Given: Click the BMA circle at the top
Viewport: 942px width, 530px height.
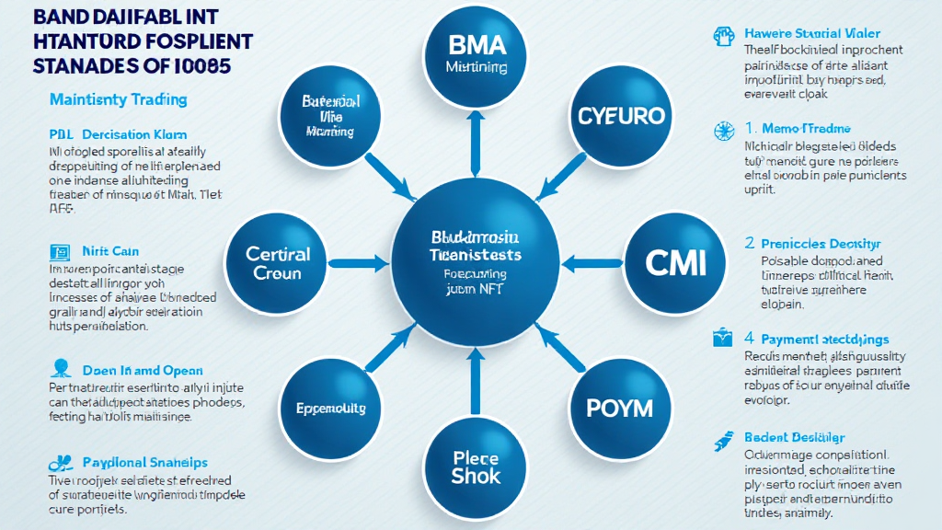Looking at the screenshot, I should (x=475, y=54).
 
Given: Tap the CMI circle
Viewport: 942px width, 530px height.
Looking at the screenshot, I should (x=675, y=263).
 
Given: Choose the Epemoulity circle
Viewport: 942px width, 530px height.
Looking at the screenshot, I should (x=330, y=408).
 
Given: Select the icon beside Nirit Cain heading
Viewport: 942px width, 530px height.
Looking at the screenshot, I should (x=60, y=250).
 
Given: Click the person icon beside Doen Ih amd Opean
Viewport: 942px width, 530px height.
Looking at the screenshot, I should (x=61, y=369).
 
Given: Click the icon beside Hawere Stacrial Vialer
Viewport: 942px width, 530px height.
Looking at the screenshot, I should (x=722, y=35).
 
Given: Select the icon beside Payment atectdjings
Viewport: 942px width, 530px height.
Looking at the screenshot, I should (x=722, y=338).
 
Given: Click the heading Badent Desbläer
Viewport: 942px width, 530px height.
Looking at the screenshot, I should (x=794, y=437).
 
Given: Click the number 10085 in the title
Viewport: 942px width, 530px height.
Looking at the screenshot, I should (x=199, y=66).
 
